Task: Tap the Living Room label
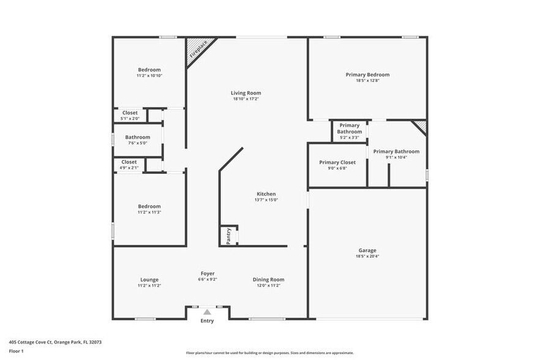[x=246, y=93]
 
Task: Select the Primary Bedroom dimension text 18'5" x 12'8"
[x=367, y=81]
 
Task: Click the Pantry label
[x=228, y=236]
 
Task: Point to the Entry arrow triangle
[x=208, y=312]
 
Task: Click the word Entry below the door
[x=208, y=321]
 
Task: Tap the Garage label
[x=367, y=250]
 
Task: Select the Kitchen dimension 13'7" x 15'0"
[x=266, y=200]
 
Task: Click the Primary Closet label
[x=337, y=162]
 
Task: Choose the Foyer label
[x=208, y=273]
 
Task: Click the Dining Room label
[x=268, y=280]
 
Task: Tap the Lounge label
[x=149, y=280]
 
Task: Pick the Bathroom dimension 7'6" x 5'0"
[x=137, y=143]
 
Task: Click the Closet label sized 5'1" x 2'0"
[x=130, y=113]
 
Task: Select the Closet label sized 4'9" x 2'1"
[x=129, y=162]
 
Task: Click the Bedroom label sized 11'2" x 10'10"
[x=149, y=69]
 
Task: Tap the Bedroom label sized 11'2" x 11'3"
[x=149, y=206]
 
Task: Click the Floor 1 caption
[x=16, y=351]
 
